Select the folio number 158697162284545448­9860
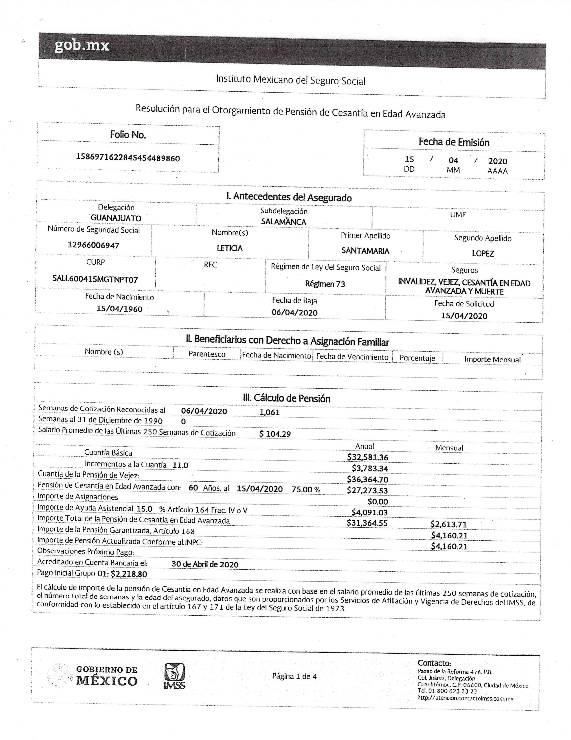[128, 158]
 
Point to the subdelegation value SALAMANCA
[283, 222]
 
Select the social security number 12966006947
[93, 245]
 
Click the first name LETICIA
[230, 248]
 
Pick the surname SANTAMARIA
[365, 251]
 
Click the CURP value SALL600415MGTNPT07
[95, 279]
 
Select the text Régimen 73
[325, 284]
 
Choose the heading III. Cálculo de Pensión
[287, 398]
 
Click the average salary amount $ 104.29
[275, 434]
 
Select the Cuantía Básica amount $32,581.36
[367, 457]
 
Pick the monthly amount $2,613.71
[449, 524]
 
